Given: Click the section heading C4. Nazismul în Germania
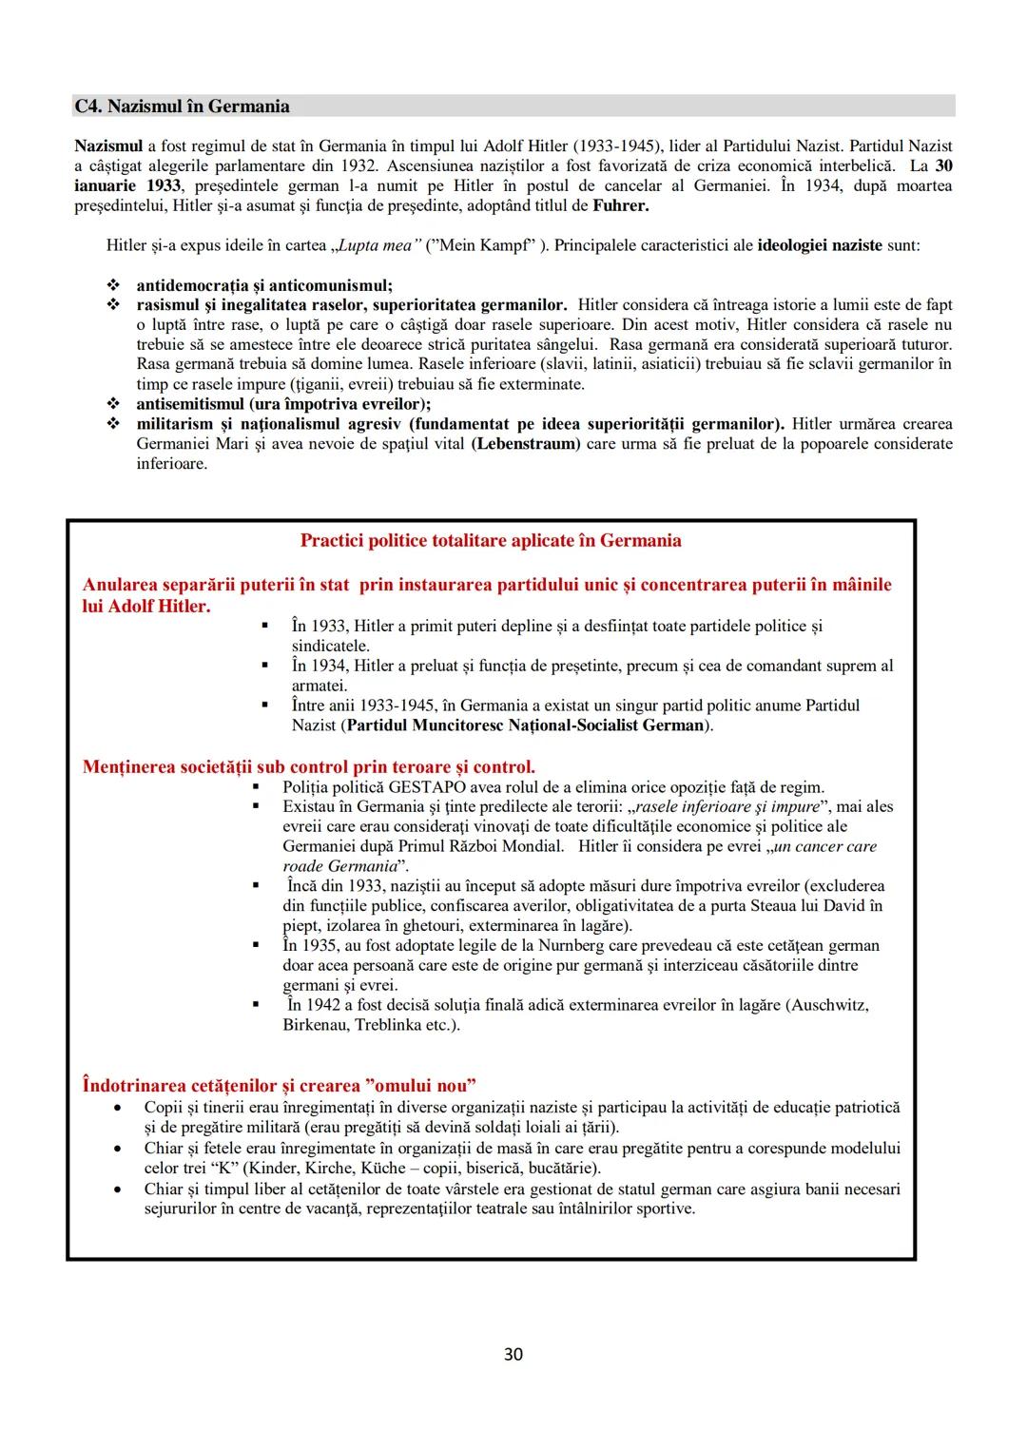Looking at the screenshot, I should pyautogui.click(x=182, y=106).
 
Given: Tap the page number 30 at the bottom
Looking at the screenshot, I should pyautogui.click(x=513, y=1354).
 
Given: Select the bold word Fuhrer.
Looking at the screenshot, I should pyautogui.click(x=620, y=205).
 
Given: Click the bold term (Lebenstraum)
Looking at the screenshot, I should pyautogui.click(x=525, y=444).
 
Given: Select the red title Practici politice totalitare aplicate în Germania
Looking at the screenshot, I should pyautogui.click(x=491, y=541).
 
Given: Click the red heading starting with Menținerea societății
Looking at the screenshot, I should pyautogui.click(x=308, y=766).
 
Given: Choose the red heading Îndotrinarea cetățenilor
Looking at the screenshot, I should pyautogui.click(x=279, y=1085).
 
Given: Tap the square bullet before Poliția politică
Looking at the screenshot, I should pyautogui.click(x=256, y=786).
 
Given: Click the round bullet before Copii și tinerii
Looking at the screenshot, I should pyautogui.click(x=117, y=1108).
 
